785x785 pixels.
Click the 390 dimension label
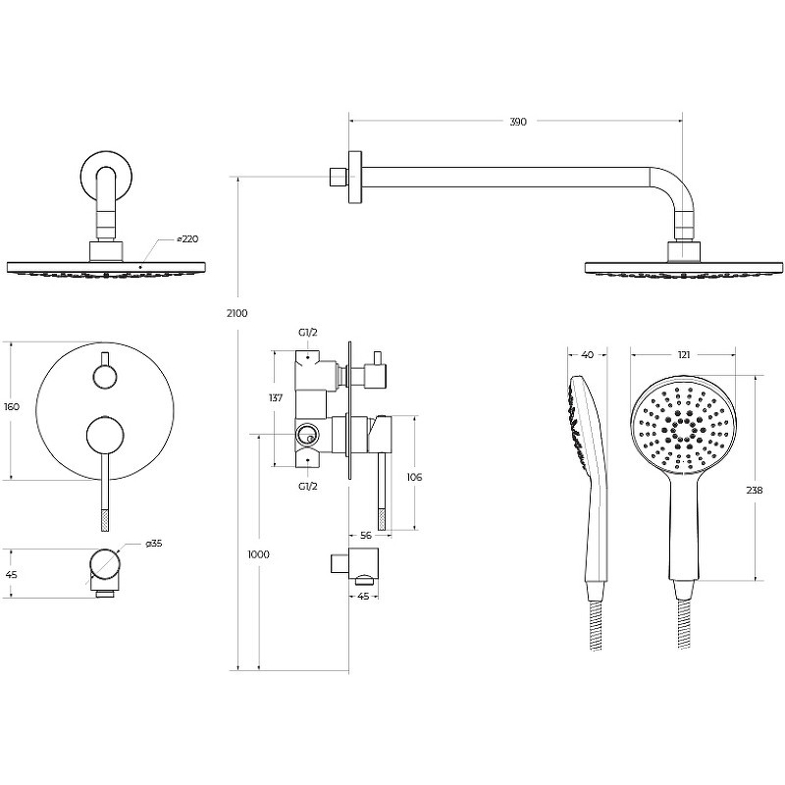[x=518, y=122]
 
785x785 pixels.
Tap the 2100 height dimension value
[x=236, y=313]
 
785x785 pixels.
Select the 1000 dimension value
[x=258, y=554]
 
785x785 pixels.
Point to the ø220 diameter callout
[x=187, y=239]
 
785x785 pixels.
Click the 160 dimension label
[x=12, y=407]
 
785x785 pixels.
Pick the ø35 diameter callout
[x=154, y=544]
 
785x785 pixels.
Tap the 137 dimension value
[x=276, y=398]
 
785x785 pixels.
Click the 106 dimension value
[x=414, y=477]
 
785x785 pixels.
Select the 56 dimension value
[x=366, y=536]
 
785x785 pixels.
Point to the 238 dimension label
[x=754, y=490]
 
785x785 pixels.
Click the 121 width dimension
[x=684, y=355]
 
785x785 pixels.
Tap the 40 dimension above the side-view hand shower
[x=588, y=355]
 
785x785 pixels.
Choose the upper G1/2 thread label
[x=308, y=333]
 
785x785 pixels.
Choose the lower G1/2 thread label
[x=308, y=486]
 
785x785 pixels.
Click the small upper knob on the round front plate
[x=105, y=376]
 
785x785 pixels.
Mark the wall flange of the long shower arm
[x=355, y=178]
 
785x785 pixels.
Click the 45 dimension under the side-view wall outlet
[x=364, y=597]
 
